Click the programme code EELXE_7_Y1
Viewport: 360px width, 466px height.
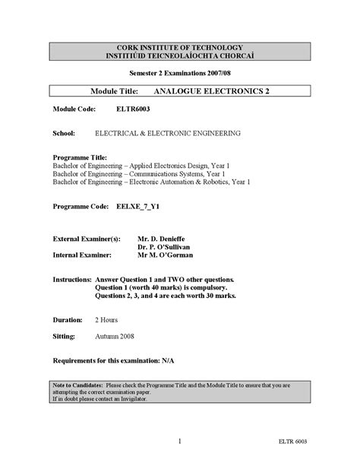pyautogui.click(x=140, y=206)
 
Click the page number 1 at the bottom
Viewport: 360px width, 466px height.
pyautogui.click(x=179, y=440)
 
